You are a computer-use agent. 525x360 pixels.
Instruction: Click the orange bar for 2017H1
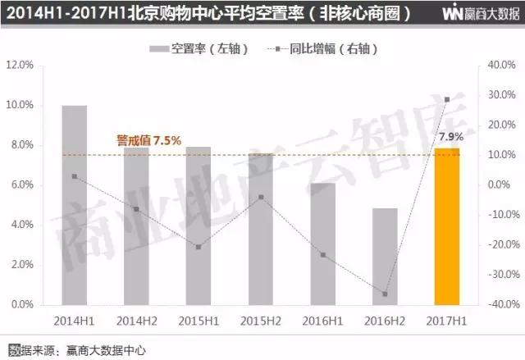[x=447, y=226]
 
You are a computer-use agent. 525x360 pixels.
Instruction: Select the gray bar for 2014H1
[x=75, y=205]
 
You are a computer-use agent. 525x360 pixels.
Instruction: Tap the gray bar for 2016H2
[x=385, y=256]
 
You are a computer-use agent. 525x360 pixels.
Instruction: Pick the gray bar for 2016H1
[x=322, y=244]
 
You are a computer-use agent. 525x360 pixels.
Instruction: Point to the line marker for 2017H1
[x=447, y=99]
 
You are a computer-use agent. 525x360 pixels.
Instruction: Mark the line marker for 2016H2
[x=385, y=294]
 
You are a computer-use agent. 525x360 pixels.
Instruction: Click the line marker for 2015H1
[x=199, y=247]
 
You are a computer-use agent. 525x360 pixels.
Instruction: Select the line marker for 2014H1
[x=75, y=176]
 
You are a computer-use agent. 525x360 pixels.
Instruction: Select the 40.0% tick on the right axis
[x=499, y=65]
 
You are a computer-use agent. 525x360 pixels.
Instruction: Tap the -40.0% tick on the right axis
[x=497, y=304]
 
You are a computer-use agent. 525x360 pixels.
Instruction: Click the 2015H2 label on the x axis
[x=261, y=319]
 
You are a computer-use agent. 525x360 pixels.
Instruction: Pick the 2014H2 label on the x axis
[x=136, y=319]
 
